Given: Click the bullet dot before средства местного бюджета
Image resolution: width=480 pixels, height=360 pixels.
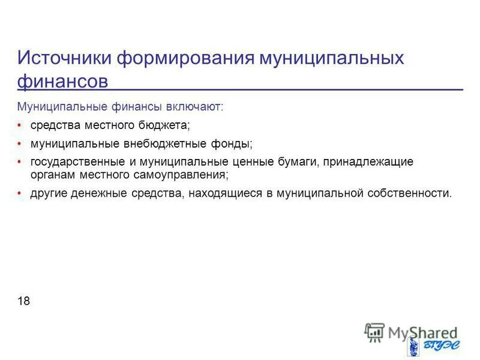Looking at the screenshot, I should click(19, 125).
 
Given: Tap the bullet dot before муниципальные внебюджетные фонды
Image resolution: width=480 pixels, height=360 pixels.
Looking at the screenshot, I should click(19, 144).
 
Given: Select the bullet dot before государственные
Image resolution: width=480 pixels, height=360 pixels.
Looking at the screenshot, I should click(19, 163).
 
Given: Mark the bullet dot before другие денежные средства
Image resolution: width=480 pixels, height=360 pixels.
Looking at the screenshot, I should click(19, 193).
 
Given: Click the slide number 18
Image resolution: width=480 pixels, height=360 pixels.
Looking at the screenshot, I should click(24, 301).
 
